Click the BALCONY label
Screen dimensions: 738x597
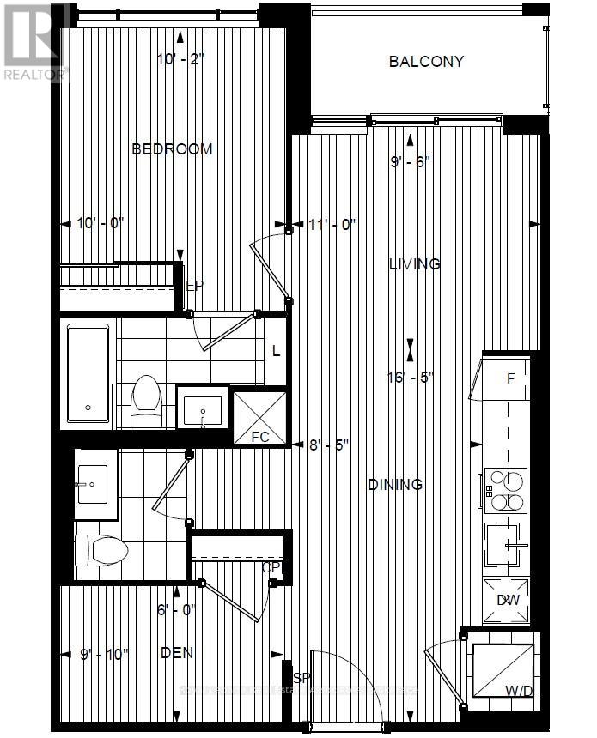pyautogui.click(x=426, y=62)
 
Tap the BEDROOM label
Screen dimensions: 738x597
pyautogui.click(x=172, y=149)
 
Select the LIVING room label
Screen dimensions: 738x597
pyautogui.click(x=414, y=264)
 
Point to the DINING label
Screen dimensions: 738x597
pyautogui.click(x=395, y=485)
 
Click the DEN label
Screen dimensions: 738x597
pyautogui.click(x=176, y=653)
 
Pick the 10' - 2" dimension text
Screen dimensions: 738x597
pyautogui.click(x=181, y=60)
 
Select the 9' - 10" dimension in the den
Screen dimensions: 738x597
pyautogui.click(x=102, y=654)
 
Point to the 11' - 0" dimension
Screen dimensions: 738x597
pyautogui.click(x=332, y=224)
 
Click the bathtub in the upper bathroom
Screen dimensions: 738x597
pyautogui.click(x=88, y=372)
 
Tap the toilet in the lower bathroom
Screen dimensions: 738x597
pyautogui.click(x=101, y=548)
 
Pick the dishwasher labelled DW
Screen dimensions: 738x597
pyautogui.click(x=506, y=599)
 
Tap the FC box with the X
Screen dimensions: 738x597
pyautogui.click(x=259, y=418)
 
